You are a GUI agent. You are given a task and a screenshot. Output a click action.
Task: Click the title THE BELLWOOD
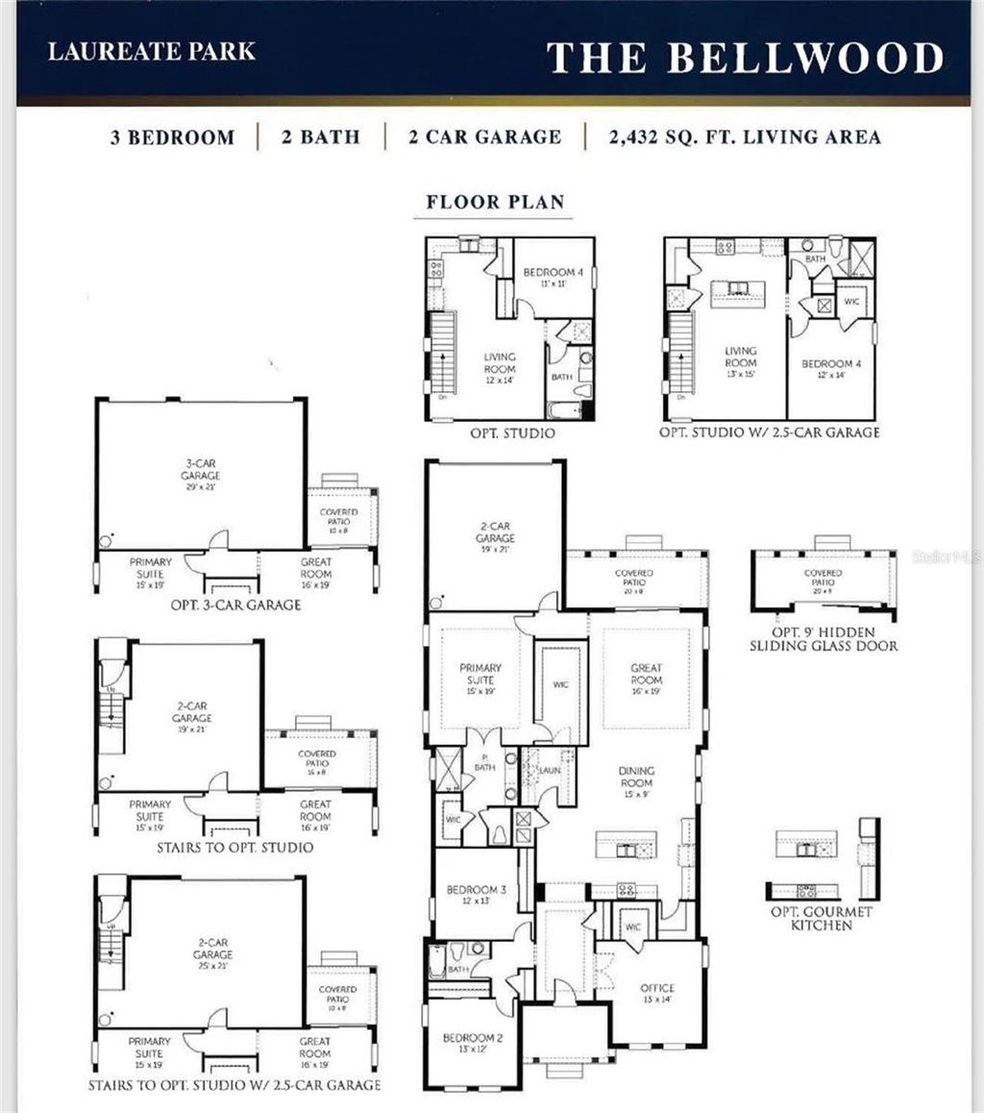pos(745,58)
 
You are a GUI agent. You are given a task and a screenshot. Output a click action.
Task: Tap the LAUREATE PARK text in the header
pos(152,51)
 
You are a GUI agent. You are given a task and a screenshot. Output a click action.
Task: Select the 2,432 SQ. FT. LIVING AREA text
pos(744,136)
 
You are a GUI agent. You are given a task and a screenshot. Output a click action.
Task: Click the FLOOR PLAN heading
pos(496,202)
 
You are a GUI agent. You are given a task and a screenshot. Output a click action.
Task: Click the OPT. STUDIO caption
pos(512,433)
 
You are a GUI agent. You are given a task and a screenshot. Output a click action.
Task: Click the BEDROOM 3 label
pos(477,896)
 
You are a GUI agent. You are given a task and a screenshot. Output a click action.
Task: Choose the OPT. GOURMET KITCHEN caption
pos(821,918)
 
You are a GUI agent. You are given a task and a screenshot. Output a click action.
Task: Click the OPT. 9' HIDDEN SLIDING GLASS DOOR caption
pos(824,639)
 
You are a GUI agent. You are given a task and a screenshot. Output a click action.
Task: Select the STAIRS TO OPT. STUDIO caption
pos(234,848)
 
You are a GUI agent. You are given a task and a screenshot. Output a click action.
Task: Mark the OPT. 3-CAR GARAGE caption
pos(234,605)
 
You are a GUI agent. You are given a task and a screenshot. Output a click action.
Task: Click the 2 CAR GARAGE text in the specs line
pos(484,136)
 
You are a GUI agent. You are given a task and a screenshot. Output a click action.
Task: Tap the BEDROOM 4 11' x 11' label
pos(553,278)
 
